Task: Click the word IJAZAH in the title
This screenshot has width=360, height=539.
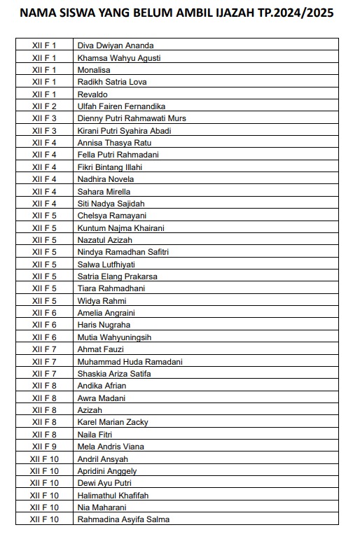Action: click(235, 13)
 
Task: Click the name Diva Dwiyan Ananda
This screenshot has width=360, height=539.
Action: click(116, 45)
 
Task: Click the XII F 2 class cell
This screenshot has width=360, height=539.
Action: click(44, 106)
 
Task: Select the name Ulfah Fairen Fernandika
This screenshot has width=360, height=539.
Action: click(121, 106)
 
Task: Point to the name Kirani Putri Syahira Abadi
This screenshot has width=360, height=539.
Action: click(125, 131)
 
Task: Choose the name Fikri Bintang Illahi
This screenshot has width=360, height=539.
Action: click(110, 167)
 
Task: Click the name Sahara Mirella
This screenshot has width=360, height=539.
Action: click(104, 192)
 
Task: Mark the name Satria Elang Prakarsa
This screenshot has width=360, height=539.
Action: click(118, 276)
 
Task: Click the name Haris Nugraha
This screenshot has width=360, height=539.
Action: click(104, 325)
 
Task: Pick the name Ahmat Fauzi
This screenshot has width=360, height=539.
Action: click(100, 349)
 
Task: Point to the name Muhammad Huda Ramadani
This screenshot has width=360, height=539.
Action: click(130, 362)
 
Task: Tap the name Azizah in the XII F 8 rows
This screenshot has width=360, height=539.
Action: click(90, 410)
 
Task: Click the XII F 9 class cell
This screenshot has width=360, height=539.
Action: click(44, 447)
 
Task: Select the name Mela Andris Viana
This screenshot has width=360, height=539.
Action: click(111, 447)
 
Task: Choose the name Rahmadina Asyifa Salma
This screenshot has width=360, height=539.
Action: click(123, 519)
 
